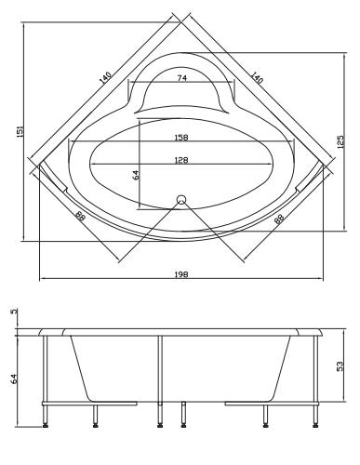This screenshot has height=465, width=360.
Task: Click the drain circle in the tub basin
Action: point(181,199)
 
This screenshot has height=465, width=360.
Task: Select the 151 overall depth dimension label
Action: point(20,132)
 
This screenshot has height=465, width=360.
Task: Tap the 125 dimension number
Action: point(340,141)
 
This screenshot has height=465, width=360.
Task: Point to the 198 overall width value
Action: point(181,274)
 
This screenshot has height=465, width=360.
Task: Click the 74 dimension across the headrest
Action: point(182,78)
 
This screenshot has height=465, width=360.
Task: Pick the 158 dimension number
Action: point(181,137)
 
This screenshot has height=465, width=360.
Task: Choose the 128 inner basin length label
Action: point(181,160)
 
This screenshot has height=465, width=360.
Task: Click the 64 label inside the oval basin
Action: point(136,175)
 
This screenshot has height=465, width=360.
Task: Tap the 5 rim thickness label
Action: point(14,311)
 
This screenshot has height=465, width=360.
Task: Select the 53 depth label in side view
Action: point(340,366)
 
